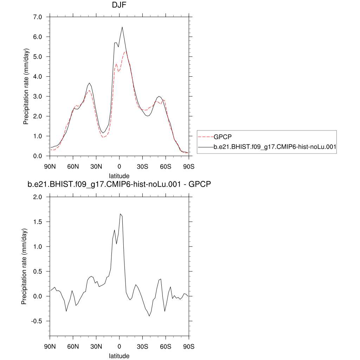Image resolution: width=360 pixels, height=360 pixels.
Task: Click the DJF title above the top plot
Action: point(119,5)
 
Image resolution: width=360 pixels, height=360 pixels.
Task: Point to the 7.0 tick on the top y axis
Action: point(37,17)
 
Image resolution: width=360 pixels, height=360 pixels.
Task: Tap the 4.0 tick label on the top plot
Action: point(37,77)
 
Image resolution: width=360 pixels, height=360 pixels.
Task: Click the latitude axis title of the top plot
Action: point(119,175)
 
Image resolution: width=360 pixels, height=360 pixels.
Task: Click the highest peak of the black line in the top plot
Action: point(122,27)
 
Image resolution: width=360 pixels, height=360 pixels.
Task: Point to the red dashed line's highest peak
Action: point(125,52)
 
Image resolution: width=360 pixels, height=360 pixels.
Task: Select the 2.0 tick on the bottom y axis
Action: point(37,197)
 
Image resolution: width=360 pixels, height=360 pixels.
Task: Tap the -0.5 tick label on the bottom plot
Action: point(36,321)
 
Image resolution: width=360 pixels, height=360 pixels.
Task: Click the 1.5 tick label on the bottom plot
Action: point(37,222)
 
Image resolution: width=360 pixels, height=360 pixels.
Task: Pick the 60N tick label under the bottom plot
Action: point(73,346)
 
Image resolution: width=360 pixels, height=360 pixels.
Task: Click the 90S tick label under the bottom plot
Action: point(189,346)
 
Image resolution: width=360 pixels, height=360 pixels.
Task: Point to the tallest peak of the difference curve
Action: point(120,214)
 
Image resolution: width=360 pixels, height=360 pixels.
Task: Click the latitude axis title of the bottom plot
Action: point(119,356)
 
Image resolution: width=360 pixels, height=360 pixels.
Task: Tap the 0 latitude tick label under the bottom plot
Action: point(119,346)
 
